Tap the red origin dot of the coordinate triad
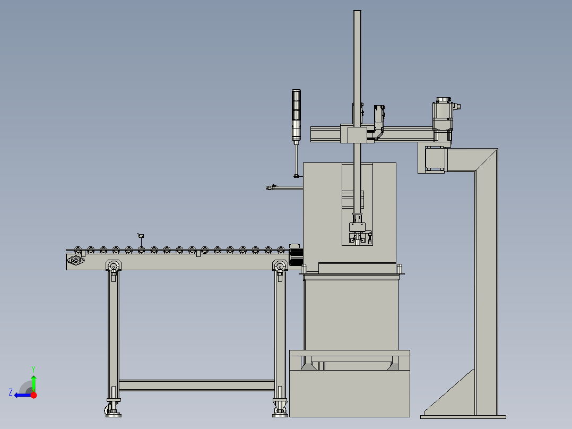[x=33, y=395]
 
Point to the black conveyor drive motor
[x=296, y=255]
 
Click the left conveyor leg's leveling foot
[x=113, y=410]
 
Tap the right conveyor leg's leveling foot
[x=280, y=410]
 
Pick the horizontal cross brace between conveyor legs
[x=196, y=385]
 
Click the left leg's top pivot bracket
[x=113, y=266]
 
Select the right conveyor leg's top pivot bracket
[x=280, y=266]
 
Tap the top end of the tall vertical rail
[x=358, y=14]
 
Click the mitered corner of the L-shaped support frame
[x=486, y=160]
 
